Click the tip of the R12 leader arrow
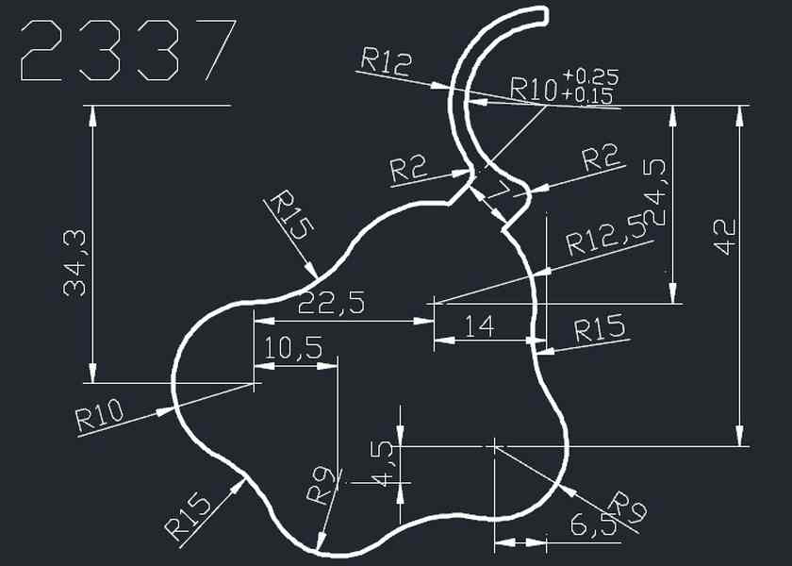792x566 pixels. tap(448, 90)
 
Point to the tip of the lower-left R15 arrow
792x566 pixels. tap(245, 478)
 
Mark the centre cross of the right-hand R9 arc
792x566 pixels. tap(494, 447)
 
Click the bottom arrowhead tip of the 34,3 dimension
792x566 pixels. tap(92, 383)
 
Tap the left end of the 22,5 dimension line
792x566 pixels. tap(254, 321)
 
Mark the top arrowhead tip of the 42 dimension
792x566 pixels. tap(739, 106)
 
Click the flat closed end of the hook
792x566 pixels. tap(546, 15)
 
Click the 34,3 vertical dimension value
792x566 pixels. tap(74, 263)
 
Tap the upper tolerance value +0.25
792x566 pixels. tap(590, 76)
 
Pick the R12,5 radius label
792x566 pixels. tap(606, 236)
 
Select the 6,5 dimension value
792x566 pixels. tap(594, 525)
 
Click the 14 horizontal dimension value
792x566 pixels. tap(479, 326)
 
